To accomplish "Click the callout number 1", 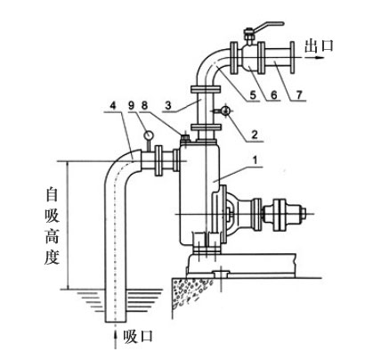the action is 255,160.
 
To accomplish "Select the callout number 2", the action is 255,135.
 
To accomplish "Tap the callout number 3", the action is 168,105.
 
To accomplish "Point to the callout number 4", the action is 112,105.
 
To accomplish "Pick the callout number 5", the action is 253,95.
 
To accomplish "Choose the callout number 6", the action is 273,95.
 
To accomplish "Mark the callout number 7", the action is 299,95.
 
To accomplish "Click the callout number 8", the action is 144,105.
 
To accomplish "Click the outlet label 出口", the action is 320,46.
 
